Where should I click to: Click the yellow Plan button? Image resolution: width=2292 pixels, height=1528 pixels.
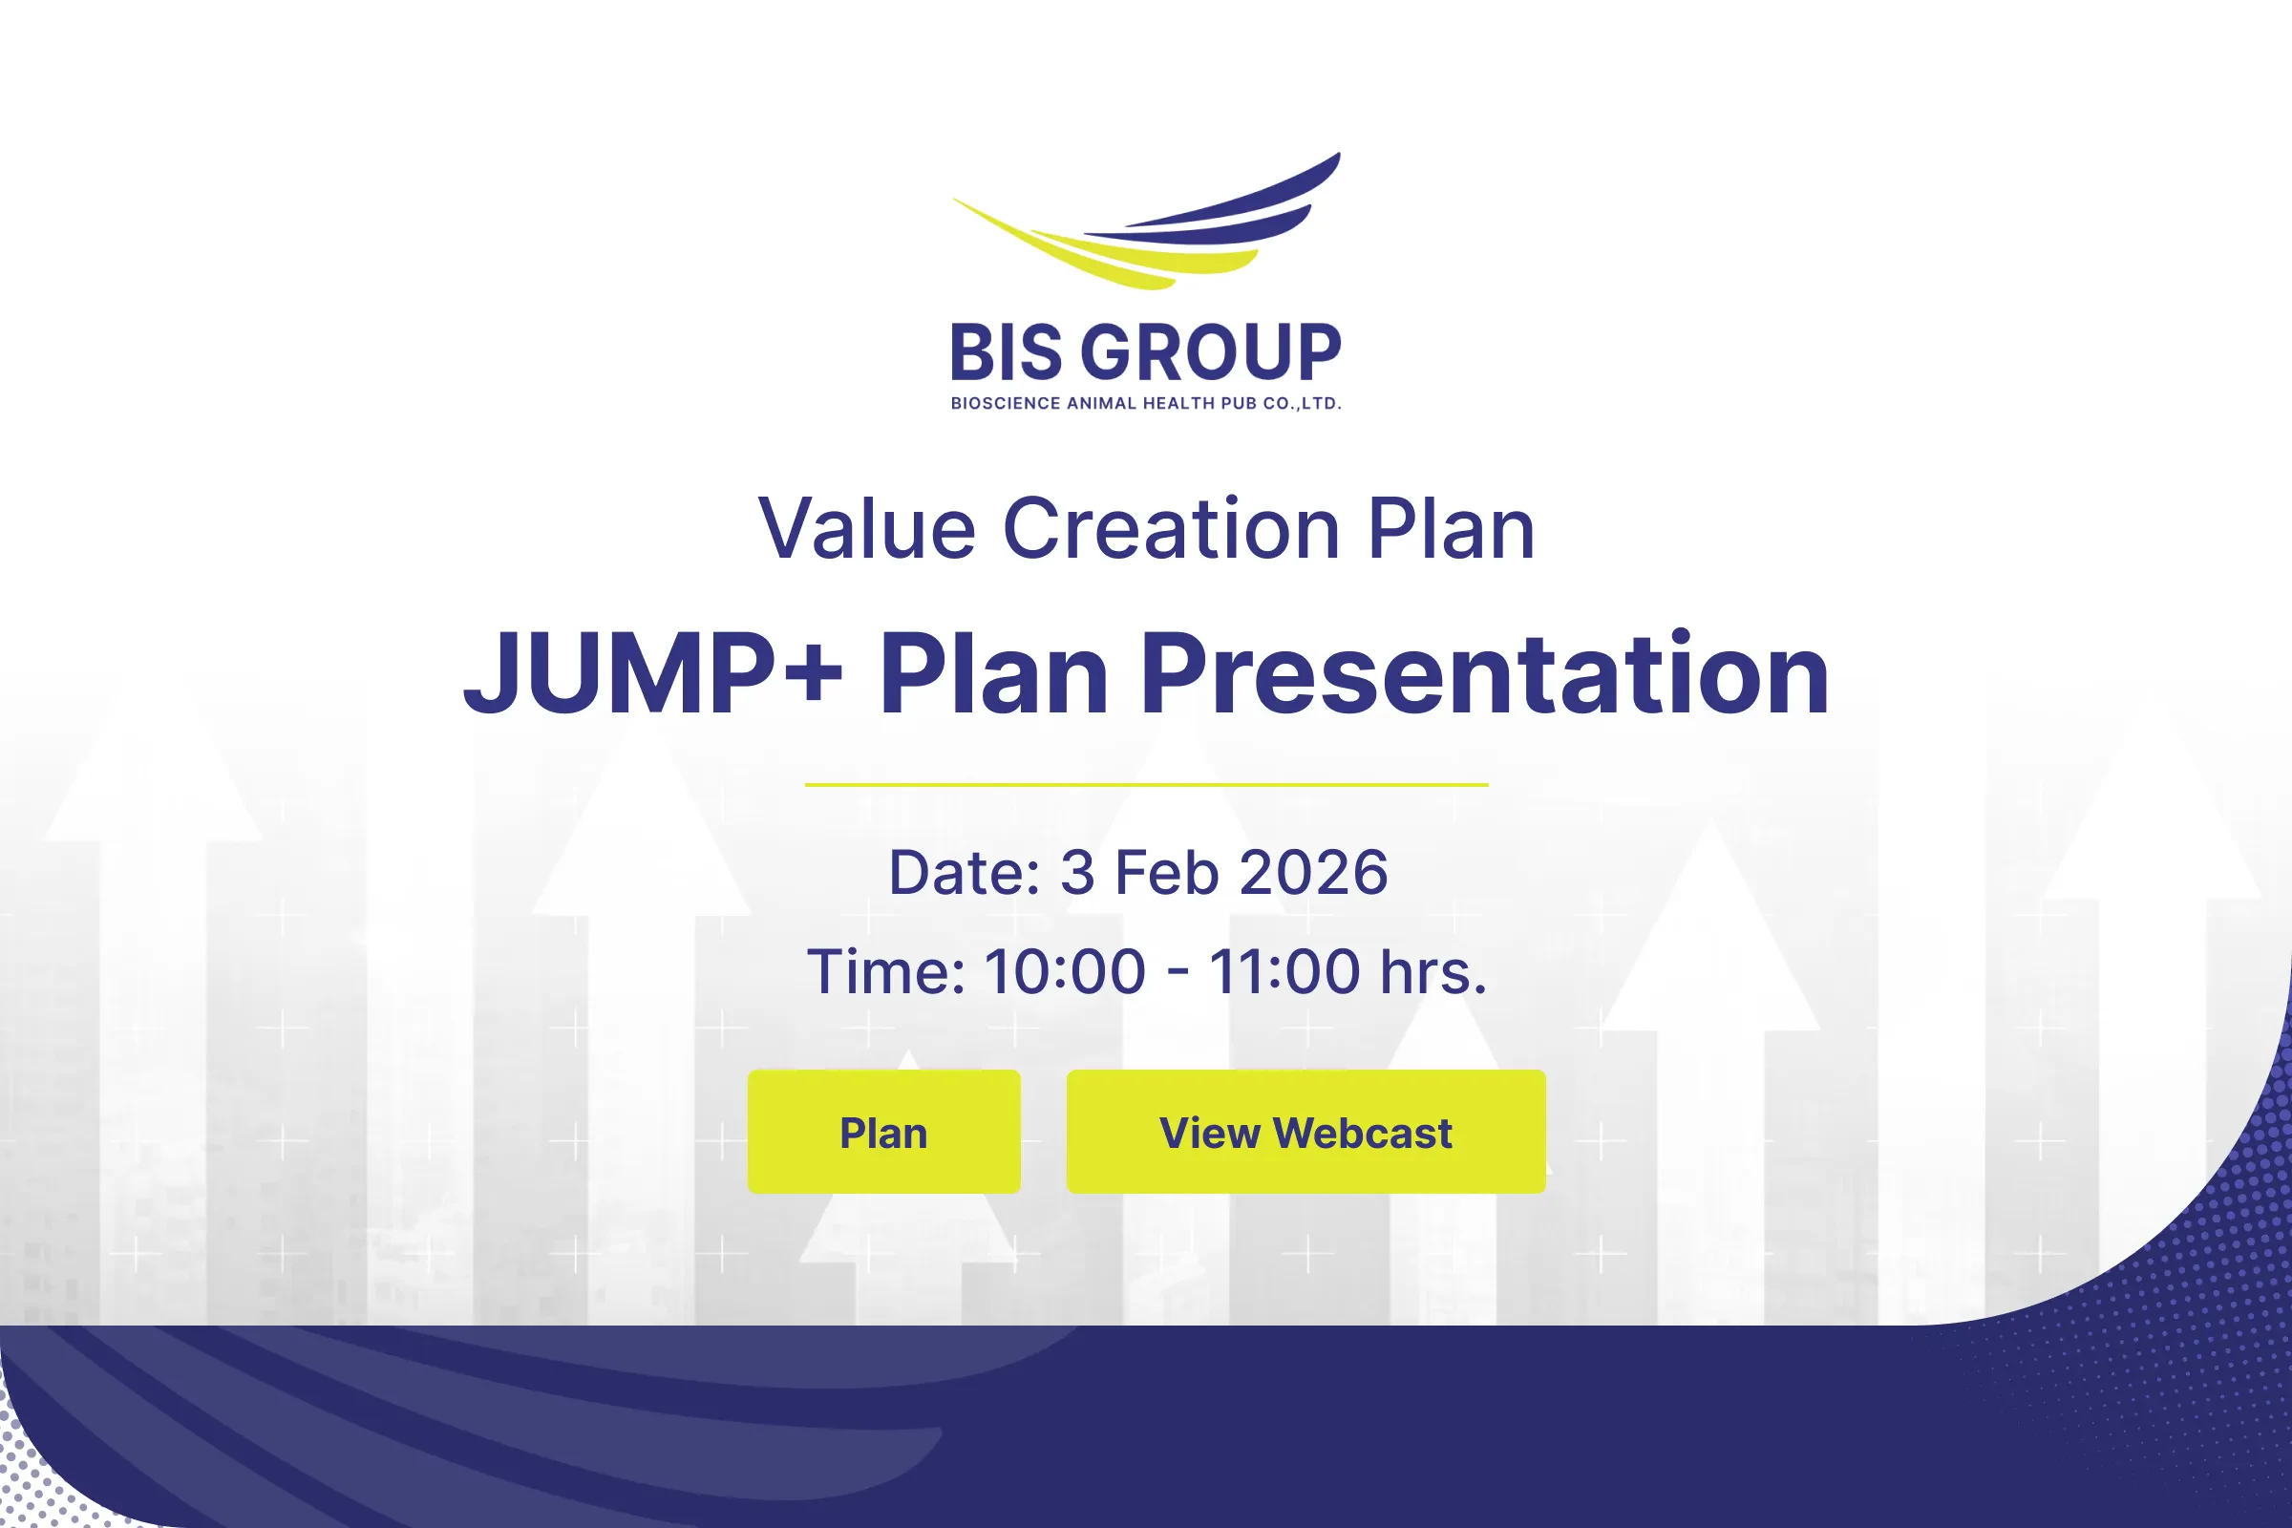click(x=884, y=1132)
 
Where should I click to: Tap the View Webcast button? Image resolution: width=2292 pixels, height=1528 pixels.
click(x=1305, y=1132)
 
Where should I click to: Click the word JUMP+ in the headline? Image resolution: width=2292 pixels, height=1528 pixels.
click(x=653, y=673)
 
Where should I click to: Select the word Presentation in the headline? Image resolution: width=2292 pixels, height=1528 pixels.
click(x=1484, y=673)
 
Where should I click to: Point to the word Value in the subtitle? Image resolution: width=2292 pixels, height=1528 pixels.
click(x=867, y=528)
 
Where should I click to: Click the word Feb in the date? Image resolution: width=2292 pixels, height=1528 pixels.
click(x=1166, y=872)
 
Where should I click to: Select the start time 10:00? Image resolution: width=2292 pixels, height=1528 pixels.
click(x=1065, y=971)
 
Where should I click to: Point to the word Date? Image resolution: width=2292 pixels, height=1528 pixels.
click(x=964, y=872)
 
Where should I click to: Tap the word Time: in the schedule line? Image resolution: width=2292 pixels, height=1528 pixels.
click(x=886, y=971)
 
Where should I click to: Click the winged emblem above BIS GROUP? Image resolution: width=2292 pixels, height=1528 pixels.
click(x=1147, y=223)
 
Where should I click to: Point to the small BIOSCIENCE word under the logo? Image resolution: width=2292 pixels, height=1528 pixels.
click(x=1006, y=403)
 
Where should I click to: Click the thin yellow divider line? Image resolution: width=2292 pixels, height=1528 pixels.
click(x=1146, y=784)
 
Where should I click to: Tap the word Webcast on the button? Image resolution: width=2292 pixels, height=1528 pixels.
click(x=1363, y=1134)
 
